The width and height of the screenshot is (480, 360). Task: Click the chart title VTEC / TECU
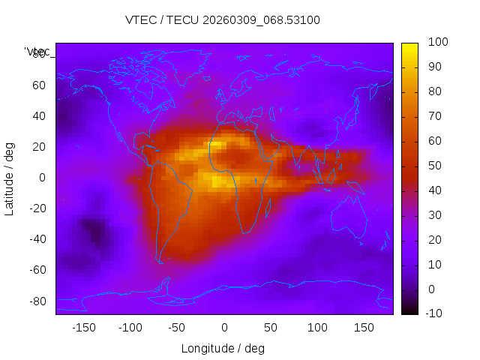tap(223, 20)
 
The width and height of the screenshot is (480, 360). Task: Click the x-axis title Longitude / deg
tap(223, 348)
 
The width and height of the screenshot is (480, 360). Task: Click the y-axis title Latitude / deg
tap(10, 178)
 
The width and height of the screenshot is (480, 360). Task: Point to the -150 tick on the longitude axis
tap(83, 328)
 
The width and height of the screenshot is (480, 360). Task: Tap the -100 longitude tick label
tap(130, 328)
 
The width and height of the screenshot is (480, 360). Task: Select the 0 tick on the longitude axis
tap(224, 328)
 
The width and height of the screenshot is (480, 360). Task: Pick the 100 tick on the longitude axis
tap(317, 328)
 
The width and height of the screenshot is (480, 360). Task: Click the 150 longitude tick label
tap(364, 328)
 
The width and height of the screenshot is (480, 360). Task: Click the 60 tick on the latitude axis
tap(38, 85)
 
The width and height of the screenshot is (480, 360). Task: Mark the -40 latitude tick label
tap(36, 239)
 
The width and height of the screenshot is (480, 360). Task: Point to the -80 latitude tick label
tap(36, 301)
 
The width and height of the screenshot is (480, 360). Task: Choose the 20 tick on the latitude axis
tap(38, 147)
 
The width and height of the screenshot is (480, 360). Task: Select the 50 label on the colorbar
tap(434, 166)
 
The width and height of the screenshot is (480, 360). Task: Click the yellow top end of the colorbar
tap(409, 46)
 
